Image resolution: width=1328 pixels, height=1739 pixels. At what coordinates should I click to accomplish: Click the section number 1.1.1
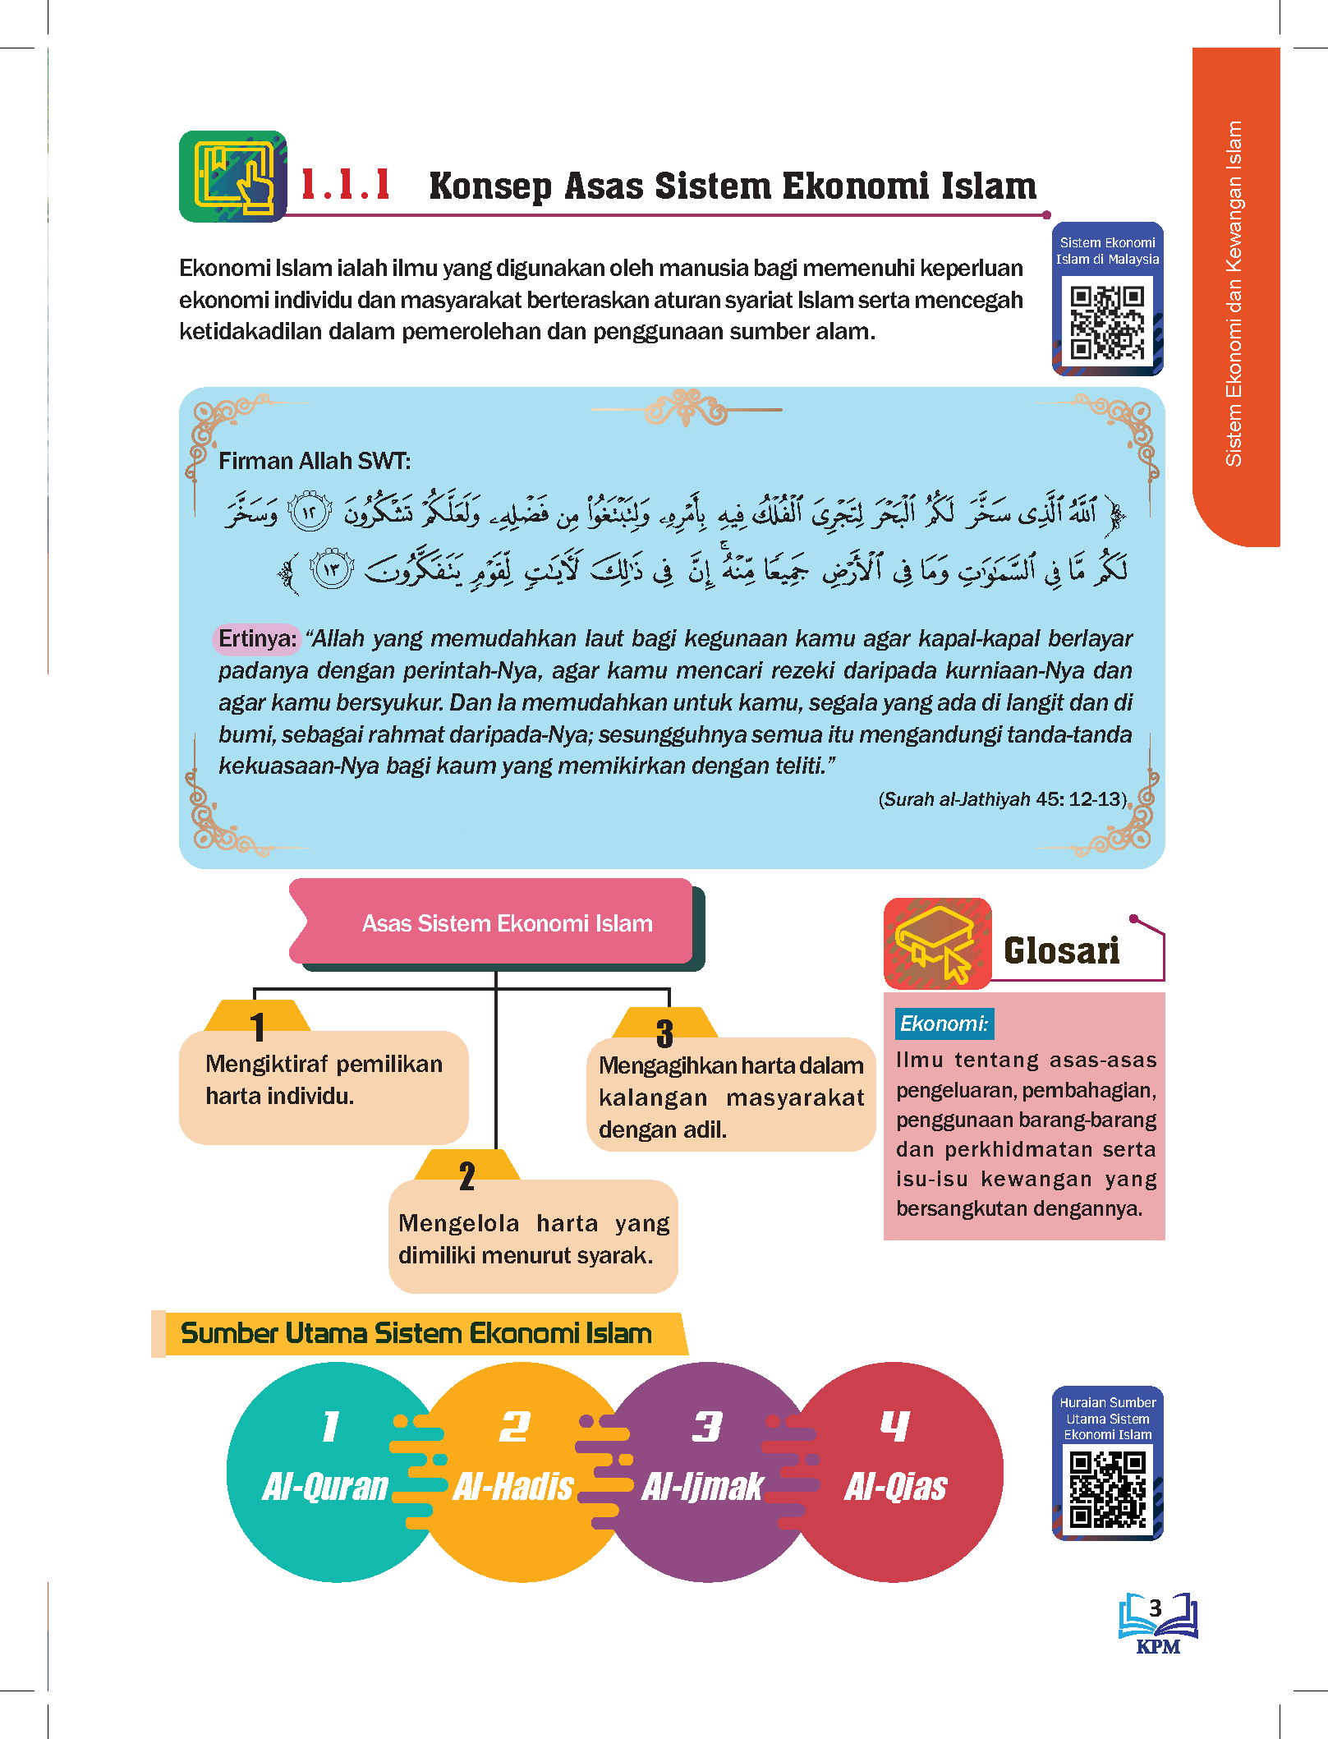(x=346, y=185)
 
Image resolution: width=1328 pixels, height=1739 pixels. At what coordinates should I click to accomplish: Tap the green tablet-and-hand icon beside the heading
(x=233, y=177)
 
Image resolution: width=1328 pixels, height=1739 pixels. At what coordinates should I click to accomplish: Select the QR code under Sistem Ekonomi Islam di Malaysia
(x=1107, y=322)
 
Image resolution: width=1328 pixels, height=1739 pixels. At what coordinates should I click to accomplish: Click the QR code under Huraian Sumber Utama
(x=1107, y=1488)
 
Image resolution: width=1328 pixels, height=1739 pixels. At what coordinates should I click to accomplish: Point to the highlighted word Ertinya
(x=257, y=638)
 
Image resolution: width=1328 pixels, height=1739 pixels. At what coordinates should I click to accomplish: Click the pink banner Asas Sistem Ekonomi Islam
(x=497, y=923)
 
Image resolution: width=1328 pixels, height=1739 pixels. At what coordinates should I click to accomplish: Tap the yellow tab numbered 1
(x=258, y=1019)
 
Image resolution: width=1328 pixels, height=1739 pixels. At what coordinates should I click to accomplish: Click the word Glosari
(x=1061, y=951)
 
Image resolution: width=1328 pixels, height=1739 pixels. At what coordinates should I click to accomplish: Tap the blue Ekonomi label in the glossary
(x=944, y=1024)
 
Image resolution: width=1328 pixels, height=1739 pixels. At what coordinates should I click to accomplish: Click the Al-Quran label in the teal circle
(x=325, y=1487)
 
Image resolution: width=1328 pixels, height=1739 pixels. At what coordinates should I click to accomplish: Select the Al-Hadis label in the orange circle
(x=513, y=1487)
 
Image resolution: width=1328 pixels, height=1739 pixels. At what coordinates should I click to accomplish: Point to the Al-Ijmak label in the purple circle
(x=702, y=1487)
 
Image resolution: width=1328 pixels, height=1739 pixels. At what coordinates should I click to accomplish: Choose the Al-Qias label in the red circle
(x=895, y=1487)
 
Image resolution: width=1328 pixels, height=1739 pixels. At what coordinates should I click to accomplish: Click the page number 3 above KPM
(x=1156, y=1608)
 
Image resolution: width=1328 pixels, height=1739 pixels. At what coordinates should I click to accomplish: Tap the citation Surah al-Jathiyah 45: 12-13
(x=1002, y=799)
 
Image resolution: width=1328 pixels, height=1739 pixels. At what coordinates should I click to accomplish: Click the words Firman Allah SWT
(x=315, y=461)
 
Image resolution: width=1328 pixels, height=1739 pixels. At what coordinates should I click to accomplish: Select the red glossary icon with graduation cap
(x=937, y=943)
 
